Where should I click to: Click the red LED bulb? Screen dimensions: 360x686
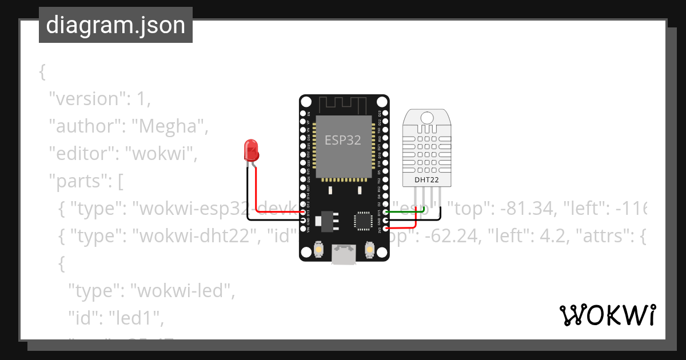click(250, 149)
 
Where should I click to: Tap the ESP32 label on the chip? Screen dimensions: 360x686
click(343, 139)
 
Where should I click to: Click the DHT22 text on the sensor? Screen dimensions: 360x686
click(428, 181)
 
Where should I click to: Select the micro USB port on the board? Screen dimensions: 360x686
click(344, 255)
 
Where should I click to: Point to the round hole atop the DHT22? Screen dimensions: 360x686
click(426, 118)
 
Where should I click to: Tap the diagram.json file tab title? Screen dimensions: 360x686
click(115, 25)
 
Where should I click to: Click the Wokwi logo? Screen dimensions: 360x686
click(607, 315)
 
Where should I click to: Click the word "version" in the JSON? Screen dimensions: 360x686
click(86, 98)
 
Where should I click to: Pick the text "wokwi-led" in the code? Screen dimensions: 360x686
click(184, 291)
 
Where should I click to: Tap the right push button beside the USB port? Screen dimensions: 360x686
click(369, 249)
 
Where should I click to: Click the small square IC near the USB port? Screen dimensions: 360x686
click(363, 220)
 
